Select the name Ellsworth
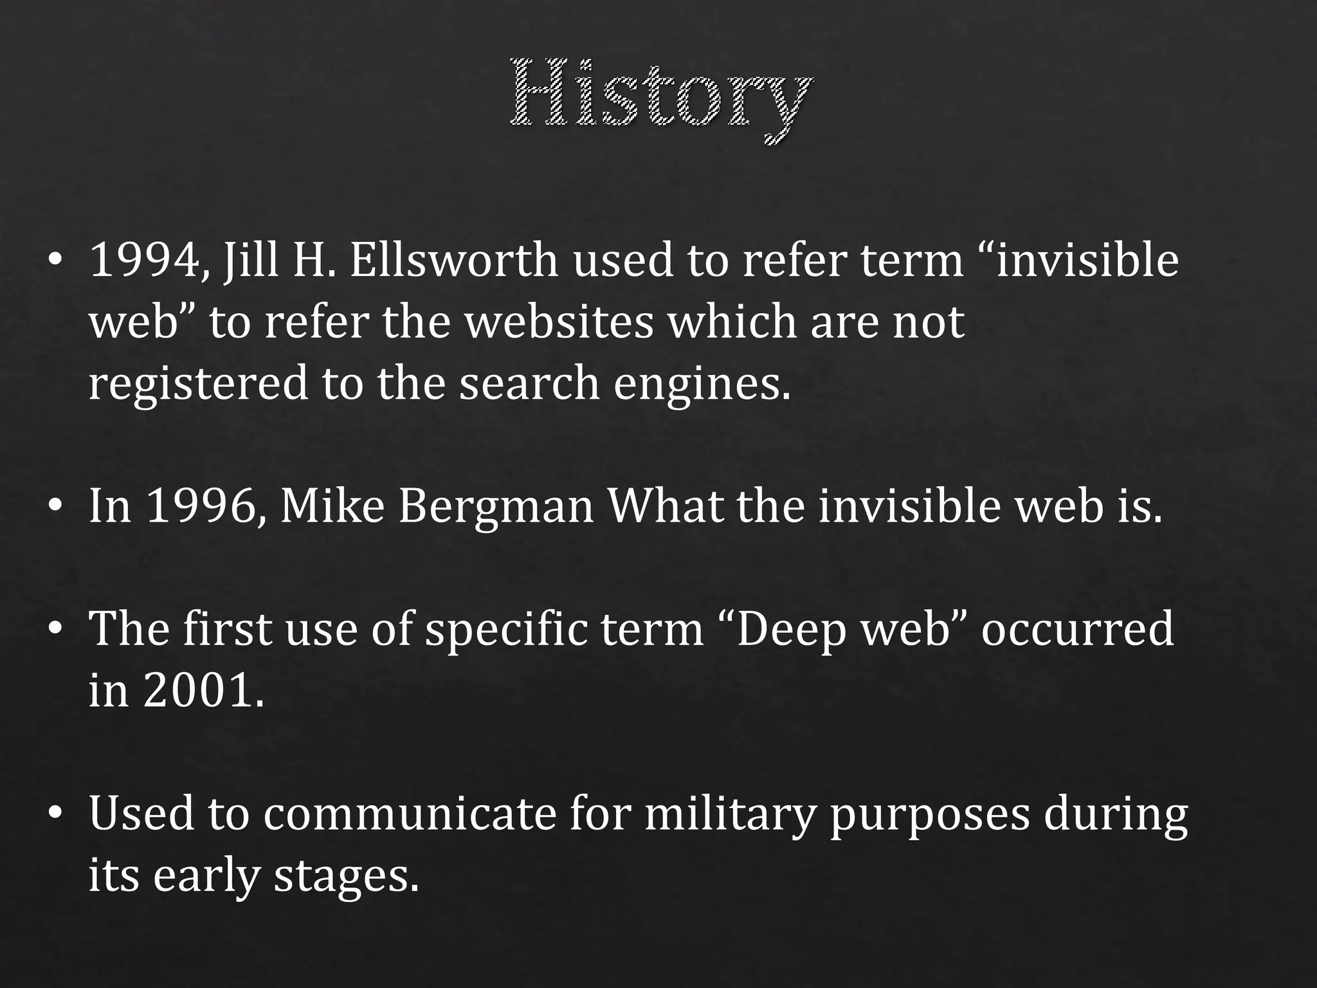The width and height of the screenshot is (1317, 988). tap(454, 261)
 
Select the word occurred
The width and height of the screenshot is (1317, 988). tap(1077, 630)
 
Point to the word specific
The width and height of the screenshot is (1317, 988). tap(506, 630)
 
